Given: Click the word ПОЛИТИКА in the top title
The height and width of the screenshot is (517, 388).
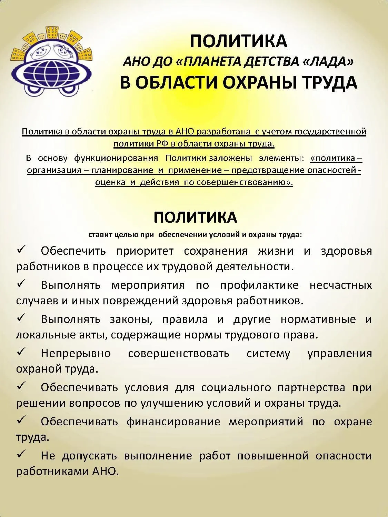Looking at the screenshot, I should [238, 41].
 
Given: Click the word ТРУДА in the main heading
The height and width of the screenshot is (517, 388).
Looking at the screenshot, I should [330, 83].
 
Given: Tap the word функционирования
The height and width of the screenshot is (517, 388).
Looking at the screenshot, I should [116, 158].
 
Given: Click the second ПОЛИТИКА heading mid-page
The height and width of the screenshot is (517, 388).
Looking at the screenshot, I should [195, 217].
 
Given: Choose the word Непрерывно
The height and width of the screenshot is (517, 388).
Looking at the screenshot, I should [76, 354].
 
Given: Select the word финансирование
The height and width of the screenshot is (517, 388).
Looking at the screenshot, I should [173, 422].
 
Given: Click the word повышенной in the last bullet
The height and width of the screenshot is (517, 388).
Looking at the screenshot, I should [273, 456].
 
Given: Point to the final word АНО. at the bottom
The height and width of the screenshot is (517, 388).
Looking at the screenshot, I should [106, 471].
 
